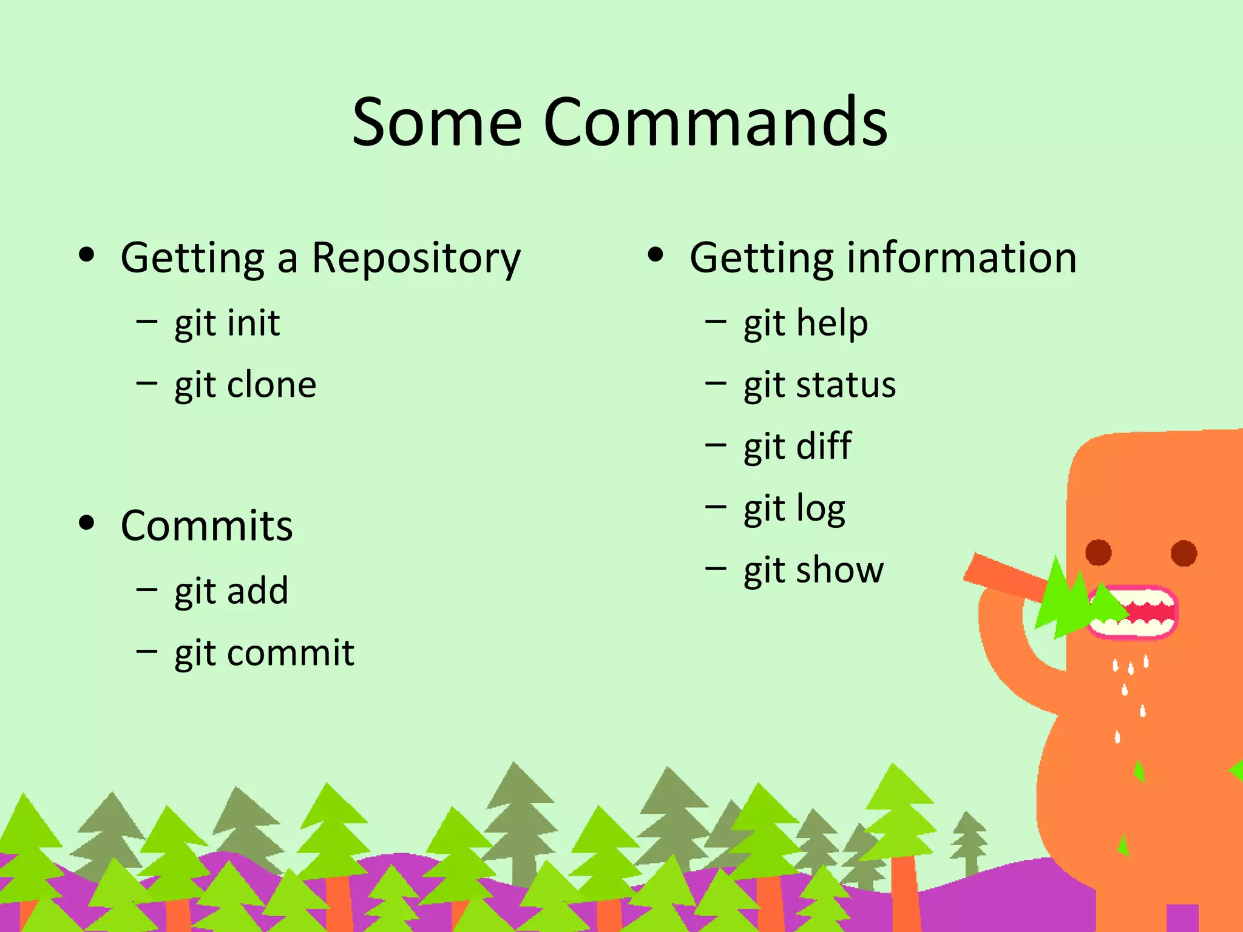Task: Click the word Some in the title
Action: (437, 123)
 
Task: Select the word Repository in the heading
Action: (416, 259)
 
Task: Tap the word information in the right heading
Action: (961, 258)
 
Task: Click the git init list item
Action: (227, 323)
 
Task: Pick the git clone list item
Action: (245, 385)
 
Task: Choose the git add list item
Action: (231, 592)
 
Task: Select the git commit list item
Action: (264, 653)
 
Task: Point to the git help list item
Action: (805, 323)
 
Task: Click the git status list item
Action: (819, 385)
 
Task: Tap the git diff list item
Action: (798, 447)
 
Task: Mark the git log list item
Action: (794, 509)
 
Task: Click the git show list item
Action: (813, 571)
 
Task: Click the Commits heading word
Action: (207, 526)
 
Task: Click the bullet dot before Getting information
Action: (655, 255)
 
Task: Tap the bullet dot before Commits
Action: (87, 522)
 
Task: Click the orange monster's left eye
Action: (1098, 553)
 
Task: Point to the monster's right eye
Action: (1184, 553)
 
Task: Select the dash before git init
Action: (147, 321)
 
